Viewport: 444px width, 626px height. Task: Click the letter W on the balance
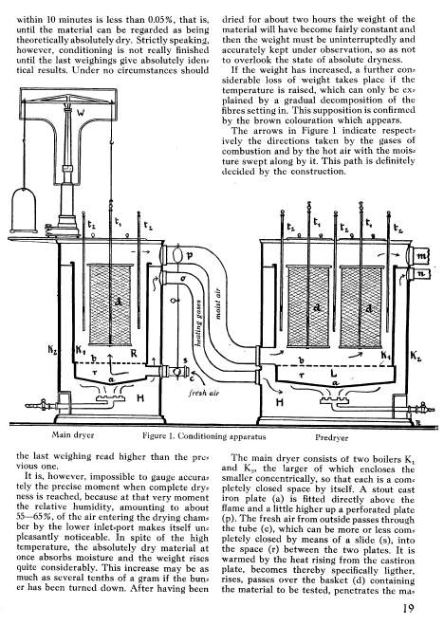pos(81,113)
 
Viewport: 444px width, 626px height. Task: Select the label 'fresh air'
pos(204,393)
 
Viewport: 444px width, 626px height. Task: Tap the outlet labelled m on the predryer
pos(418,255)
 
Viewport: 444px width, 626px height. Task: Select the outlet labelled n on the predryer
pos(418,274)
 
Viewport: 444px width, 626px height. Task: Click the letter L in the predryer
pos(334,374)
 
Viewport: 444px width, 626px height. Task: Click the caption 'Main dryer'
pos(73,434)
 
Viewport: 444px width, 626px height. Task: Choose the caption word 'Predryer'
pos(331,437)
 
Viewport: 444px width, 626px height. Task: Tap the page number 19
pos(408,608)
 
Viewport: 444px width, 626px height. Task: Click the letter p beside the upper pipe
pos(190,255)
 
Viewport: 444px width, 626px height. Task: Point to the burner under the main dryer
pos(109,398)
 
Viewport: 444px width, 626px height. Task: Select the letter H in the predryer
pos(280,401)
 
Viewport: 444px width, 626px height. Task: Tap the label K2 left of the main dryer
pos(53,351)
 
